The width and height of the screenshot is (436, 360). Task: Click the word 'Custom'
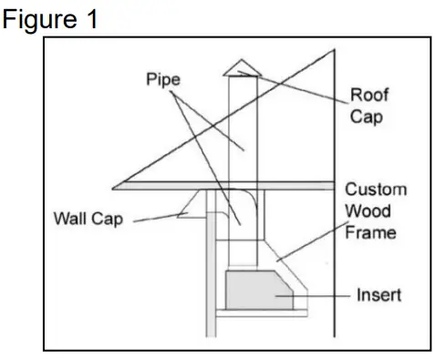coord(376,190)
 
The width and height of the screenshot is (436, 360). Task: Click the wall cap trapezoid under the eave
coord(192,202)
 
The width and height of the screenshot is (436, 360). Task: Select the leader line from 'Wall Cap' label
coord(153,218)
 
